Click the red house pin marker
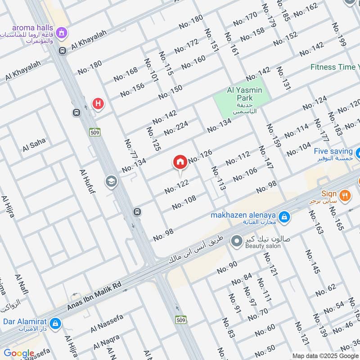tap(180, 162)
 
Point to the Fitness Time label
tap(335, 67)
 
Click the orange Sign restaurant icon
tap(346, 195)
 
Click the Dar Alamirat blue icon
tap(55, 323)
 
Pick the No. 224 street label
tap(175, 129)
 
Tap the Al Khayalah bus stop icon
tap(63, 50)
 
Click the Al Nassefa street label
tap(107, 324)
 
